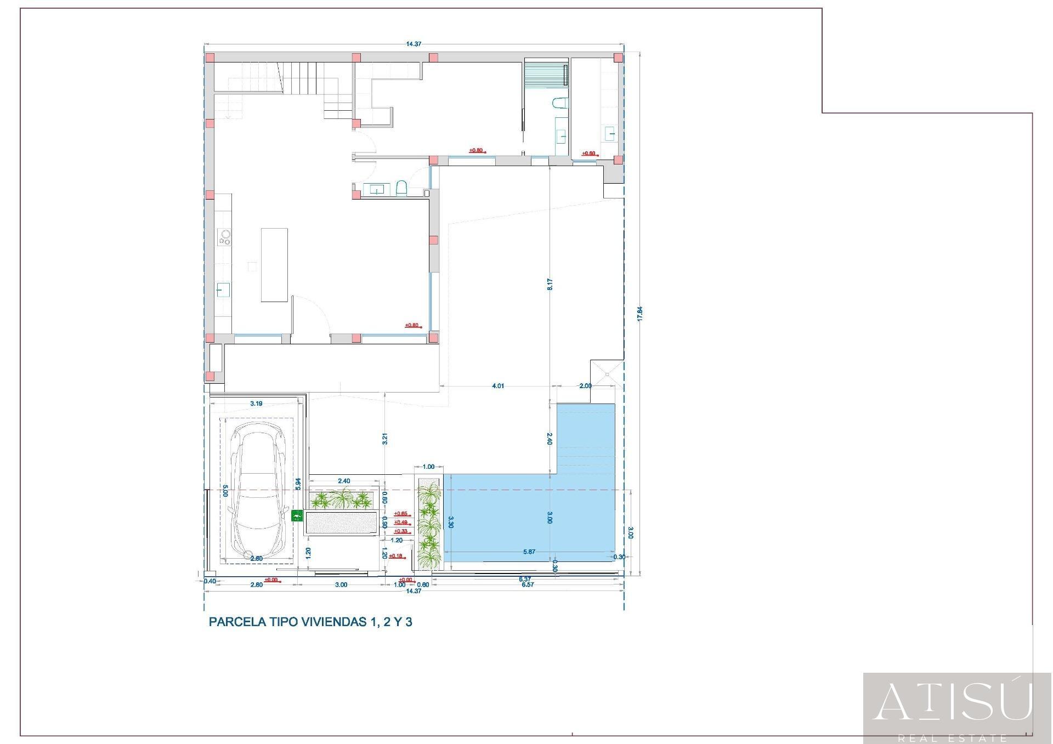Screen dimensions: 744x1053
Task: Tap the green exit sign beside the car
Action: [x=297, y=515]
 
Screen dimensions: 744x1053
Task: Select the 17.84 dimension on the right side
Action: [x=639, y=314]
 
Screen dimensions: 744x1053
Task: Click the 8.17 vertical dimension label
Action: [x=550, y=285]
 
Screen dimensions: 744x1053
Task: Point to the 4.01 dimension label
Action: [x=498, y=386]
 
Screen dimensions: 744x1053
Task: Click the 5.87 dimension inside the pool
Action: [x=529, y=552]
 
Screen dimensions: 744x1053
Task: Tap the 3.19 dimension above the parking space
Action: [x=256, y=404]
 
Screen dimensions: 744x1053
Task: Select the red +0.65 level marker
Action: [x=401, y=514]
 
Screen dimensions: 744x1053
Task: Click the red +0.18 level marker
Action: [x=396, y=556]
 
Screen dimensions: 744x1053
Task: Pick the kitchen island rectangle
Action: [x=274, y=265]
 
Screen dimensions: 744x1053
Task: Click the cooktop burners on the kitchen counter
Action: [x=224, y=237]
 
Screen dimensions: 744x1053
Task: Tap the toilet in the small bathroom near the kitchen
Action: [x=401, y=188]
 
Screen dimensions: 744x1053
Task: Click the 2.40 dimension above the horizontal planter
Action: [x=343, y=481]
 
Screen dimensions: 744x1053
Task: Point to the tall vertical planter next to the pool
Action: [x=429, y=524]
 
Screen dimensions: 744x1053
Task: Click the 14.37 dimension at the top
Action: [x=414, y=44]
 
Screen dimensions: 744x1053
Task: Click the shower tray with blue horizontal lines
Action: [x=546, y=73]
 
